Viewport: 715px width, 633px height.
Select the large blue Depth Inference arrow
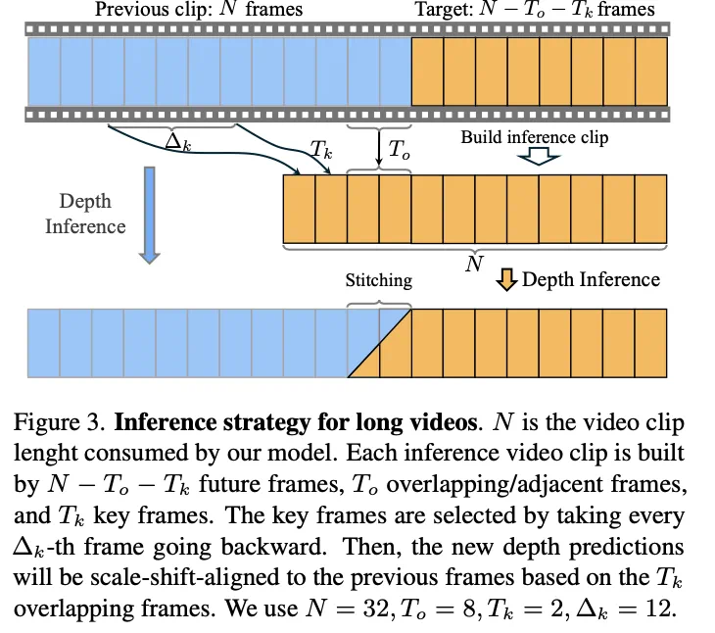click(x=148, y=215)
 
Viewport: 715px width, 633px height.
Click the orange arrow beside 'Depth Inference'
click(x=506, y=281)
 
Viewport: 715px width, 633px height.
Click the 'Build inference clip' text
click(x=535, y=137)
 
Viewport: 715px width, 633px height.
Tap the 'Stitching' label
click(x=379, y=280)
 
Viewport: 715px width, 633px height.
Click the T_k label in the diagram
click(x=320, y=149)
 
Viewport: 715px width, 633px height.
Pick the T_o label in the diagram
click(x=400, y=150)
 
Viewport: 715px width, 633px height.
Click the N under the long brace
click(x=474, y=265)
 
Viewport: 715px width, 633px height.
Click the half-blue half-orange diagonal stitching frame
click(x=379, y=343)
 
